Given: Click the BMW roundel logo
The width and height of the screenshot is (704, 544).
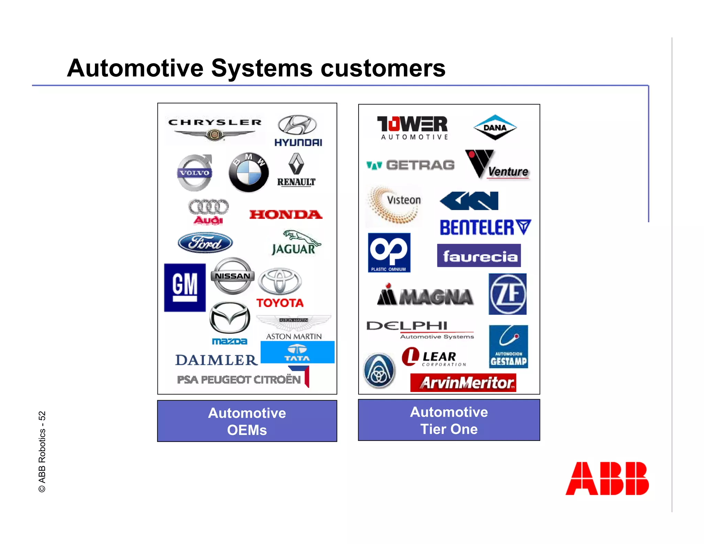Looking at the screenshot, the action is (x=249, y=172).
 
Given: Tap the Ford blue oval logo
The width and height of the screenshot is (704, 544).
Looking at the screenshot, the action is (x=205, y=243).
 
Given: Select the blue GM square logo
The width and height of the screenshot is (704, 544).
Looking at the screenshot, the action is (x=185, y=287).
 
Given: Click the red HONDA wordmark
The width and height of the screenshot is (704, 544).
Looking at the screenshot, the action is (x=286, y=215).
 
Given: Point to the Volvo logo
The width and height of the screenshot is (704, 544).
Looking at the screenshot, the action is (x=195, y=173).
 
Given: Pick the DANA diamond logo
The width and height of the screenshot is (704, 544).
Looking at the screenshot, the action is (x=495, y=127).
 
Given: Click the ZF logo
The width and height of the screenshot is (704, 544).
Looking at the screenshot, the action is (x=507, y=294).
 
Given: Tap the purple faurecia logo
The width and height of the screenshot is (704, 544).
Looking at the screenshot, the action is (x=479, y=255).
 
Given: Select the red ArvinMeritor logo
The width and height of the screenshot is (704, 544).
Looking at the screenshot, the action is (x=463, y=383).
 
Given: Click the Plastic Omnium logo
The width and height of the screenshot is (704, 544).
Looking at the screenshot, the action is (x=389, y=253).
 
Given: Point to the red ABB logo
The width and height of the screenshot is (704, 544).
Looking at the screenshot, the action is (x=607, y=478).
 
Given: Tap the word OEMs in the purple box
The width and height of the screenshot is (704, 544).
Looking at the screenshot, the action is (x=247, y=430).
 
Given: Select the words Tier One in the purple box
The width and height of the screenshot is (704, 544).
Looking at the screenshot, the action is (x=449, y=429).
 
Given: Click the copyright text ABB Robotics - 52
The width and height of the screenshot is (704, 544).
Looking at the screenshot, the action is (x=42, y=451).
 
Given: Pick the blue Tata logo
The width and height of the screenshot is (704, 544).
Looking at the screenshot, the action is (x=297, y=352).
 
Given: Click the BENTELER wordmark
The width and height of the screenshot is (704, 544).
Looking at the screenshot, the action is (x=485, y=228).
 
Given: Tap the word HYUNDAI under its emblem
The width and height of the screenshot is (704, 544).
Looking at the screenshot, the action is (x=298, y=142).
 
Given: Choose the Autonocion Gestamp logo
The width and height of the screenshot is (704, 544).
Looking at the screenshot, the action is (x=508, y=347).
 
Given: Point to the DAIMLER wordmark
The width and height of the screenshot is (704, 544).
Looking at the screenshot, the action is (x=216, y=360).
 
